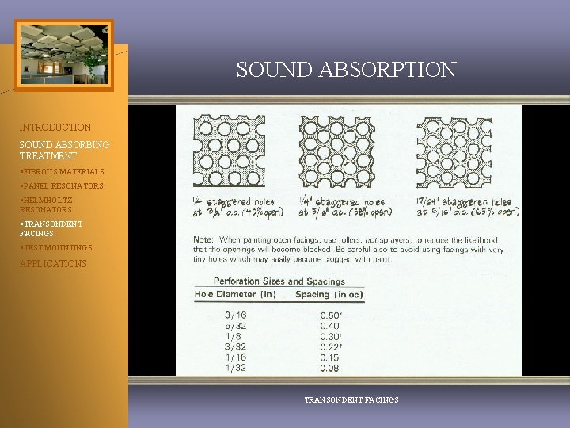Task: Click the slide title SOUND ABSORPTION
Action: click(x=346, y=70)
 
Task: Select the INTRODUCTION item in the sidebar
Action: click(x=55, y=127)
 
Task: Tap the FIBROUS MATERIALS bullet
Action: click(x=63, y=171)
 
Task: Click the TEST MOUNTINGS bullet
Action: click(x=56, y=248)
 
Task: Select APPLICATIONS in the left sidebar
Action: click(x=53, y=263)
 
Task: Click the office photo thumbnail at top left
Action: click(x=64, y=55)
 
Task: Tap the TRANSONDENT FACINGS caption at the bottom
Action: click(x=351, y=400)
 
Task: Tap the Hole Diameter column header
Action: click(x=235, y=295)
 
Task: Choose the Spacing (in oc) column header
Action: click(x=329, y=295)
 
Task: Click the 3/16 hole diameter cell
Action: click(x=236, y=314)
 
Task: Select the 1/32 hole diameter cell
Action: click(x=236, y=369)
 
